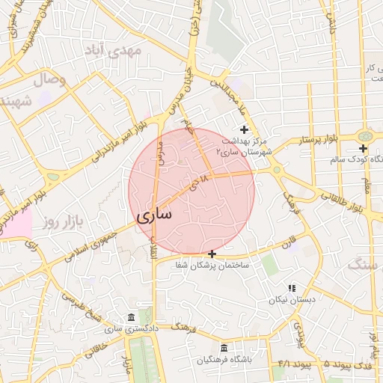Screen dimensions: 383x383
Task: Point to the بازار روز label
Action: click(61, 221)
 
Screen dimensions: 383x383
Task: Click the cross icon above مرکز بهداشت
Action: click(244, 129)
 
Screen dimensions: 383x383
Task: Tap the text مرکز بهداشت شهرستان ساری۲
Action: click(246, 146)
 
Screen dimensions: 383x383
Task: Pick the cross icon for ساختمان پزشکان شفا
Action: click(212, 254)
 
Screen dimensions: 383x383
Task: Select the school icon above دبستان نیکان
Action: click(292, 288)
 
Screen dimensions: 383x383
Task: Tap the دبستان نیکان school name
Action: click(292, 299)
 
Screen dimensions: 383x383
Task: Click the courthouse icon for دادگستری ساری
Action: click(132, 317)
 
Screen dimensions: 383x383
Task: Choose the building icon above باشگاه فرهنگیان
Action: click(225, 349)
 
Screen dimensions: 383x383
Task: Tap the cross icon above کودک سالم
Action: click(363, 149)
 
